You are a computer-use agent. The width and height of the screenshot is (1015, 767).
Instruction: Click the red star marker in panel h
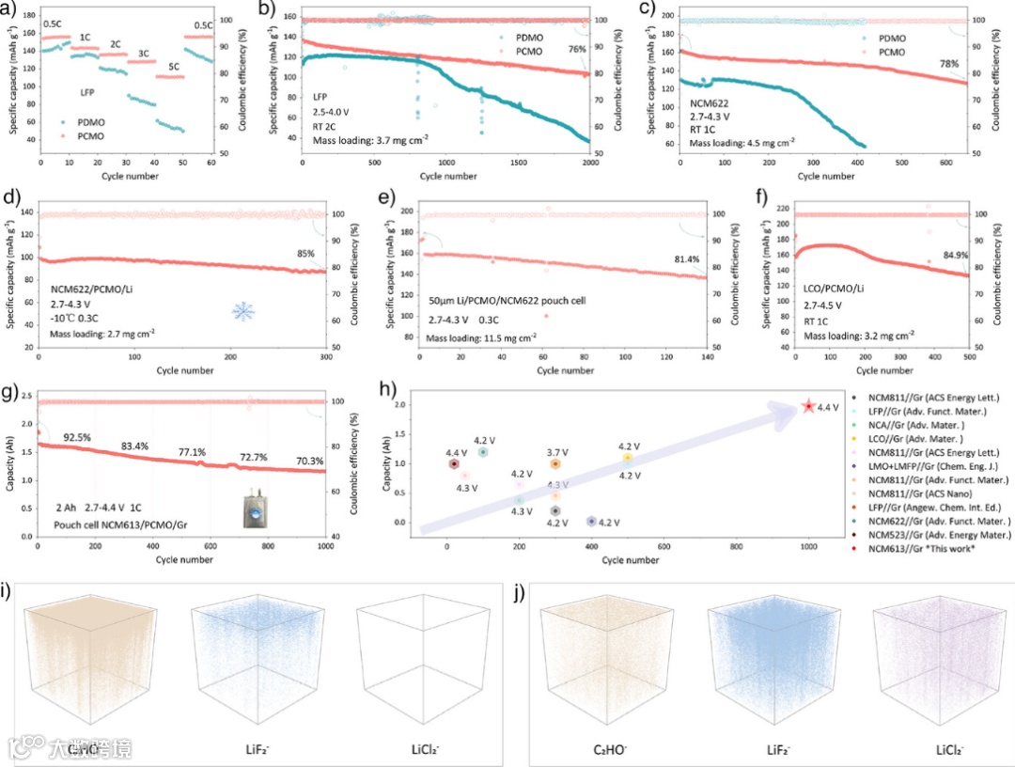[x=808, y=406]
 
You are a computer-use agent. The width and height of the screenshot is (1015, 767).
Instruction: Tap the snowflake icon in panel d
[x=243, y=311]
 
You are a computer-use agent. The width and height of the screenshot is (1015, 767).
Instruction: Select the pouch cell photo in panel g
[x=253, y=503]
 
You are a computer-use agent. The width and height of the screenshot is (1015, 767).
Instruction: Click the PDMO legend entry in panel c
[x=894, y=39]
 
